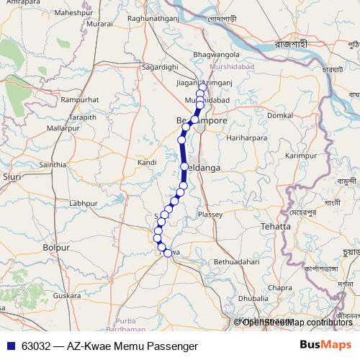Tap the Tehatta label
[276, 226]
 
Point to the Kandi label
[147, 163]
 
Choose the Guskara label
[66, 295]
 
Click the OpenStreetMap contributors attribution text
[297, 322]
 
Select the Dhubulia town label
[253, 297]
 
